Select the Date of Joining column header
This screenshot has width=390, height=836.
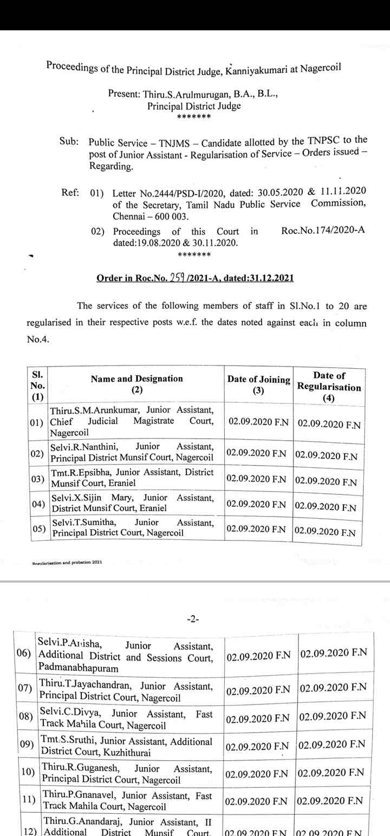click(x=258, y=385)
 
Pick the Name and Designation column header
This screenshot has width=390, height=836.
click(x=136, y=384)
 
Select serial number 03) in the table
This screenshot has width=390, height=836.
click(x=37, y=479)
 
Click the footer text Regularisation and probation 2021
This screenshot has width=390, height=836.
click(x=67, y=561)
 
